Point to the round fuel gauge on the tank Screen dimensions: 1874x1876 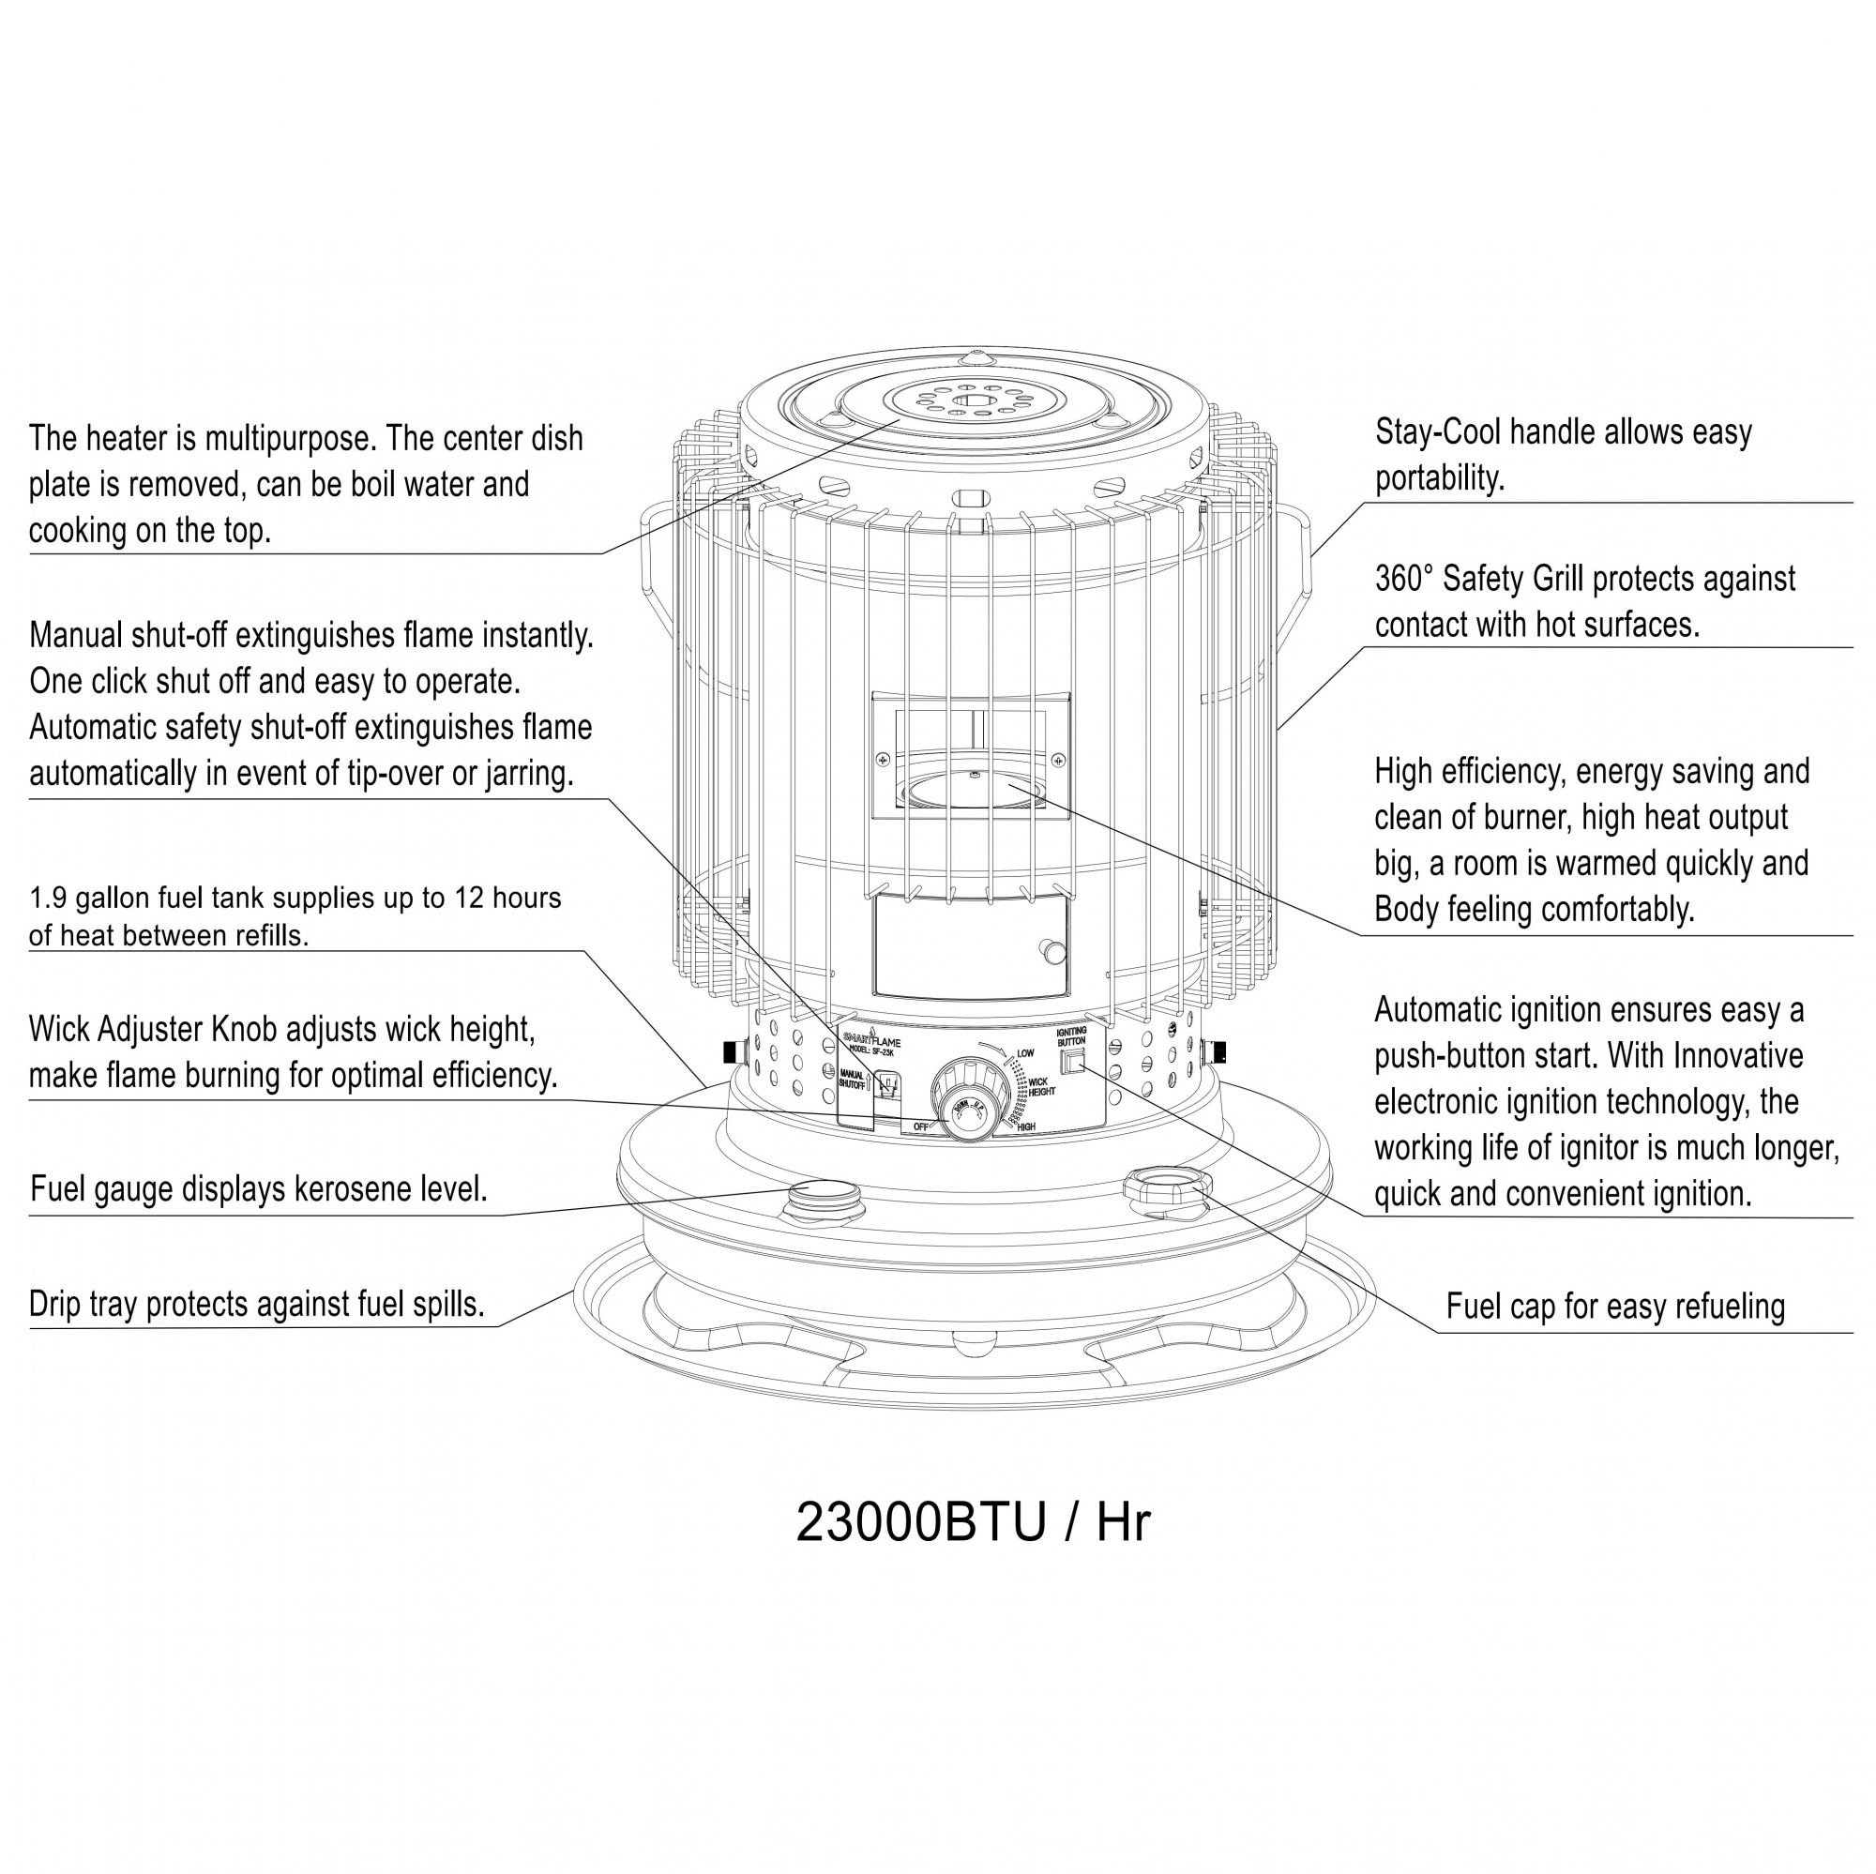point(824,1195)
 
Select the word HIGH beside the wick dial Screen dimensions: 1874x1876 point(1025,1126)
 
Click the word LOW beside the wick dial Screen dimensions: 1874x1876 point(1025,1052)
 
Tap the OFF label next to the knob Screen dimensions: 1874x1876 point(919,1126)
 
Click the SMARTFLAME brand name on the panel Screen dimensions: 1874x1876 point(872,1042)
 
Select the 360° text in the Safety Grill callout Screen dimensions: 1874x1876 point(1404,579)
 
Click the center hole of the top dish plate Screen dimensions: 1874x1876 point(967,401)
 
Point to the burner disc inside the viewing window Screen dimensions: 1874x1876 point(971,788)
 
